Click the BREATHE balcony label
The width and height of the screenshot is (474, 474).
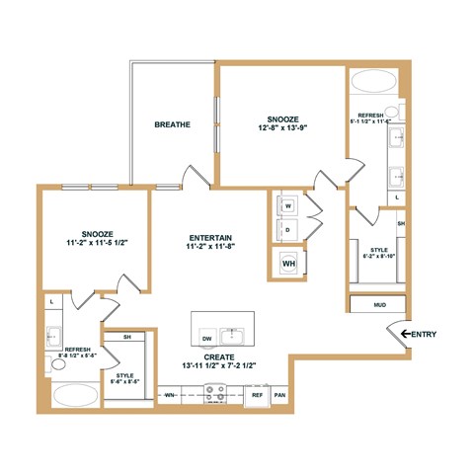[173, 124]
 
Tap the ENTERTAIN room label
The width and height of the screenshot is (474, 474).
[209, 238]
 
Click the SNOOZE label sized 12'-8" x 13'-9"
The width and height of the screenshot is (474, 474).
[281, 119]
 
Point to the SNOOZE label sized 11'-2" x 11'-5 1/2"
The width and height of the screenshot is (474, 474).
[96, 230]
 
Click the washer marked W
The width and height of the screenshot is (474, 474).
[288, 206]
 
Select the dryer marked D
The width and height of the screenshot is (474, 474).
[288, 230]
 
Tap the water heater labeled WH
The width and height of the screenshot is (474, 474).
[288, 264]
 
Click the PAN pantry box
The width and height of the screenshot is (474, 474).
[279, 394]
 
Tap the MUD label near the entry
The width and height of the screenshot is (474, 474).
[379, 305]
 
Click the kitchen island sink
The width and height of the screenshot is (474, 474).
[234, 331]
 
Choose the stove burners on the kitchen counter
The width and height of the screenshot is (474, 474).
[215, 393]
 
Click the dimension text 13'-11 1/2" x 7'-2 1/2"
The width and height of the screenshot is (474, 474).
[219, 366]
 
